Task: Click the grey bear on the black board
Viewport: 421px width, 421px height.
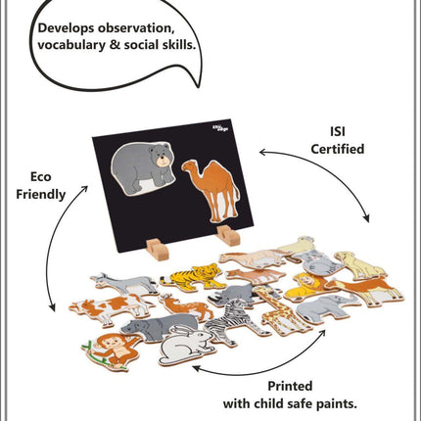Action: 142,168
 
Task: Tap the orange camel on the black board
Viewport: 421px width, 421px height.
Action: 213,189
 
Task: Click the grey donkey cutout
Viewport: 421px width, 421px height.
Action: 124,283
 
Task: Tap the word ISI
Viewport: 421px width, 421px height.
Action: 338,132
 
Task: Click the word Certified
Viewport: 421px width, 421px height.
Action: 338,149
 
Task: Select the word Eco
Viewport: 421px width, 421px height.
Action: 41,177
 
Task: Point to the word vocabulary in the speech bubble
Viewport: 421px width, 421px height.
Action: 71,45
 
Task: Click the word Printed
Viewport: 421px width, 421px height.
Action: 290,386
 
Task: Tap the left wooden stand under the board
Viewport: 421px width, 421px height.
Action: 158,250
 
